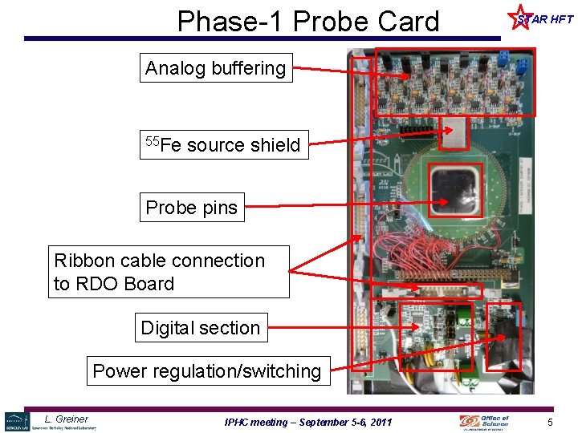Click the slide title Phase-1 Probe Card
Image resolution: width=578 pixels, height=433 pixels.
[x=308, y=21]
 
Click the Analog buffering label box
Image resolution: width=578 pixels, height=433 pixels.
[x=215, y=69]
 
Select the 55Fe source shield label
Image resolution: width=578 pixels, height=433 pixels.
[x=223, y=145]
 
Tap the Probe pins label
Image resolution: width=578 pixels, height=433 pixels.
[x=192, y=208]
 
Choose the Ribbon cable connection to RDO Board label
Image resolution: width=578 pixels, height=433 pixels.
[x=168, y=272]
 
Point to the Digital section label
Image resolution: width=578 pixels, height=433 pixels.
[x=201, y=328]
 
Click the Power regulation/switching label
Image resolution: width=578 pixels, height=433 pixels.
[x=207, y=371]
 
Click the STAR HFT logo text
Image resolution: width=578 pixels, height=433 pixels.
[x=546, y=19]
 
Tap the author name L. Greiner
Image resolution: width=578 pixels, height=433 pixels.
[x=67, y=419]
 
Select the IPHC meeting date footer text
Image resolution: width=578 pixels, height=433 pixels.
[x=308, y=422]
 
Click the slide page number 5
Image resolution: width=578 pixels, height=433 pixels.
[x=551, y=422]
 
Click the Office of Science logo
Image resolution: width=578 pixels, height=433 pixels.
[x=484, y=422]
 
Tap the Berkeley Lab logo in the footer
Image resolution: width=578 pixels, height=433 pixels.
[x=16, y=421]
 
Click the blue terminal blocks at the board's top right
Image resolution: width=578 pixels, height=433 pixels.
[x=513, y=60]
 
